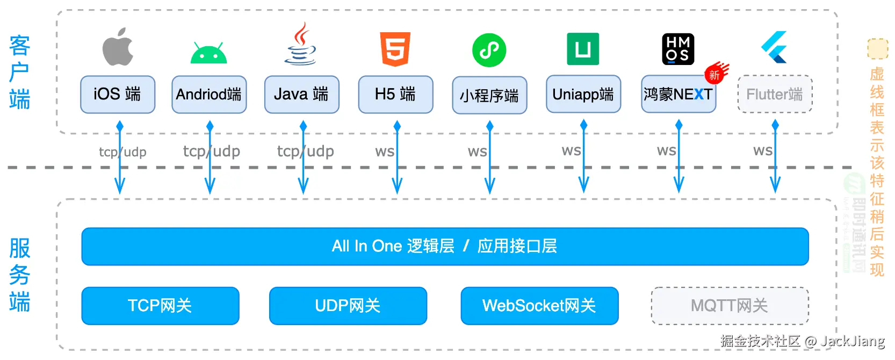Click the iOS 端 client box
[118, 95]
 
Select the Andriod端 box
[209, 95]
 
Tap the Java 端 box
[301, 95]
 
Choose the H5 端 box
[395, 95]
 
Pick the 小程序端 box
[489, 96]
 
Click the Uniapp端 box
[583, 95]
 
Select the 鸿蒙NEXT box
[678, 95]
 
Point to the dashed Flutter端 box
[775, 95]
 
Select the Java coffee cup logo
[301, 45]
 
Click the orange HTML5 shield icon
[395, 49]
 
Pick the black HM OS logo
[678, 49]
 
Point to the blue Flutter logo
[774, 47]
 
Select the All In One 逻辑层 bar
[445, 247]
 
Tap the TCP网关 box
[160, 306]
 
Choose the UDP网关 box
[348, 306]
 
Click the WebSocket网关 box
[539, 306]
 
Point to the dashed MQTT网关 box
[730, 306]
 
